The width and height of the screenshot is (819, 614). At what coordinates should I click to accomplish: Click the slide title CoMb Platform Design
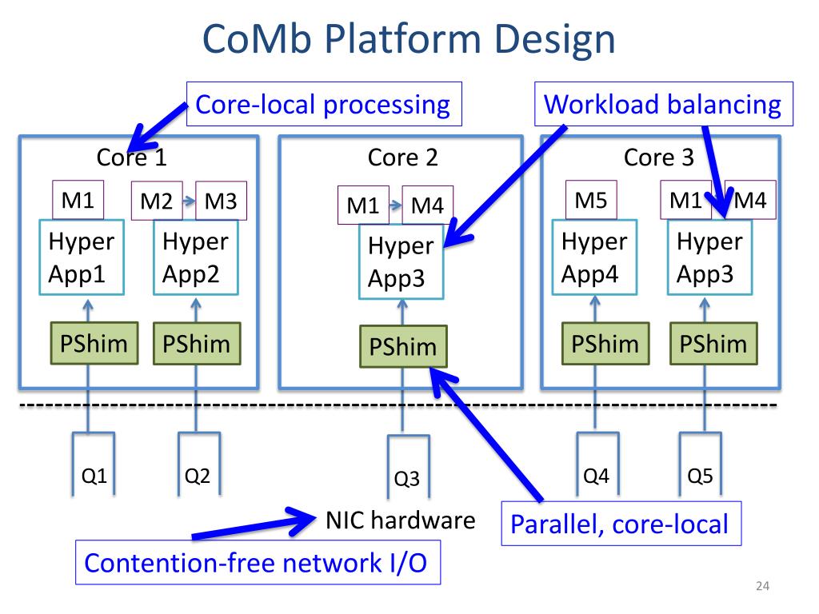pos(409,39)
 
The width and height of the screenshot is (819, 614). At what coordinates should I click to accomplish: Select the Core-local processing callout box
pos(324,104)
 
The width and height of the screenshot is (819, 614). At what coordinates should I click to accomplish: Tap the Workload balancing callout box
pos(663,104)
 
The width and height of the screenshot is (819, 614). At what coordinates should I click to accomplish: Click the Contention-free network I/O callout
pos(258,562)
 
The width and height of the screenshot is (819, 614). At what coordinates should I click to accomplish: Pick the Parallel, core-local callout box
pos(621,524)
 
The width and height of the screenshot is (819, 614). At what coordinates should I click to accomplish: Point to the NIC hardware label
pos(401,520)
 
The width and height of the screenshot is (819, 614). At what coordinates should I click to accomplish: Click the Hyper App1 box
pos(82,257)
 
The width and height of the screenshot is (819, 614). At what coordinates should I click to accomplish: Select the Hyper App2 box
pos(196,257)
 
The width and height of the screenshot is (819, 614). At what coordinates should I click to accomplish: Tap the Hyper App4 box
pos(594,257)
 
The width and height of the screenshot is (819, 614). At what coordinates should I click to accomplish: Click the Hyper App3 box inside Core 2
pos(402,261)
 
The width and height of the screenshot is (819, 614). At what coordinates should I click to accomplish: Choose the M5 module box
pos(591,200)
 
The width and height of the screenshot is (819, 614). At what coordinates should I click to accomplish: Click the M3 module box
pos(221,201)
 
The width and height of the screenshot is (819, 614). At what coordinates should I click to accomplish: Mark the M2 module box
pos(157,201)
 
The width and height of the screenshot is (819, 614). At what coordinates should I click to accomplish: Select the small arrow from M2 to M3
pos(189,201)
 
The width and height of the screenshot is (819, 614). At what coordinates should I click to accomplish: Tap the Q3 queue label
pos(407,478)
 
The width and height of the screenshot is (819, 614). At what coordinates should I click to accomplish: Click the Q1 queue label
pos(94,476)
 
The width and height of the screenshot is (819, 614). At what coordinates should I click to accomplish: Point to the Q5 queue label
pos(700,476)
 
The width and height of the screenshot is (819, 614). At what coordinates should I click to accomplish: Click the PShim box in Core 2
pos(403,346)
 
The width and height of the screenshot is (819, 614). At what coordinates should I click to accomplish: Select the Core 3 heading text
pos(659,157)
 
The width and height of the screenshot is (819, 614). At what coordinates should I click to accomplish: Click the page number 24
pos(762,586)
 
